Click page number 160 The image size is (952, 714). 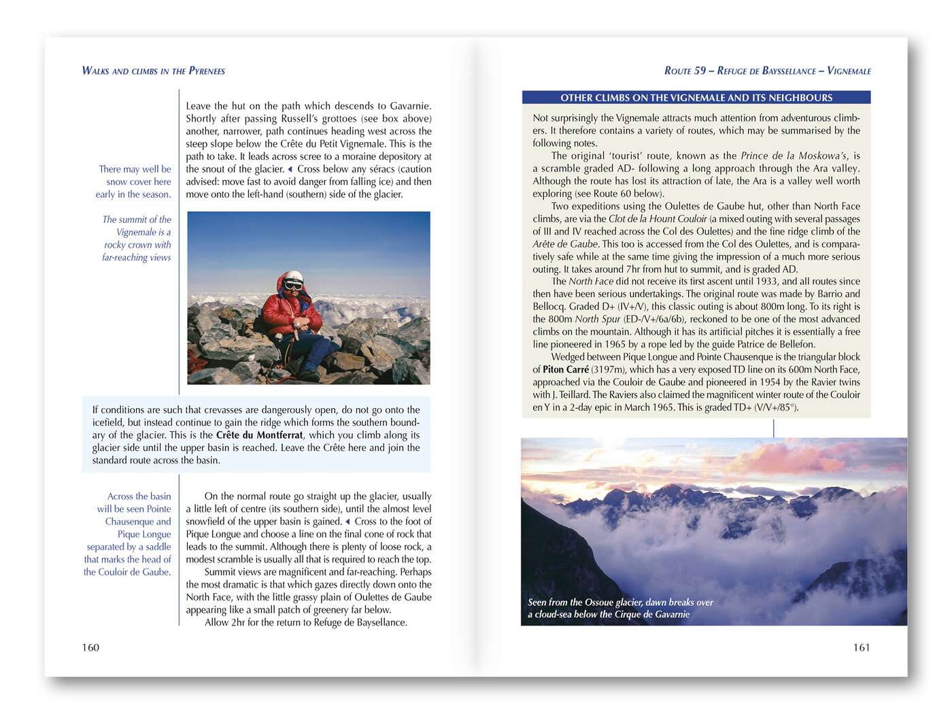click(90, 647)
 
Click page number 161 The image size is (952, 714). click(861, 647)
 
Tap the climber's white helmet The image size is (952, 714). click(294, 279)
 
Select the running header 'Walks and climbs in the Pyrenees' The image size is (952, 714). click(153, 71)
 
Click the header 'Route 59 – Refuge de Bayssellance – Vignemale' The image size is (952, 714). click(767, 71)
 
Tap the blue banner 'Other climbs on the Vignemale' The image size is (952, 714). click(696, 98)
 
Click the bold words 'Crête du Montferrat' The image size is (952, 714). click(259, 435)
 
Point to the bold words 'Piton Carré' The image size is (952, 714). click(566, 370)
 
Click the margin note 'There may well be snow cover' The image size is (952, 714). click(134, 182)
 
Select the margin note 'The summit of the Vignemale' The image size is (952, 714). click(137, 238)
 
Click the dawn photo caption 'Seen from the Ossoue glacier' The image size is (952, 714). click(620, 608)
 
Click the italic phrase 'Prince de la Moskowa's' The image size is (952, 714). click(794, 156)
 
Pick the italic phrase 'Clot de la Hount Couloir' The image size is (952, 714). click(658, 219)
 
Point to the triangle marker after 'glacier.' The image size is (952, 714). click(290, 169)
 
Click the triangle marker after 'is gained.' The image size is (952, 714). click(348, 522)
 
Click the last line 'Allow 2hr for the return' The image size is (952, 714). click(306, 622)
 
